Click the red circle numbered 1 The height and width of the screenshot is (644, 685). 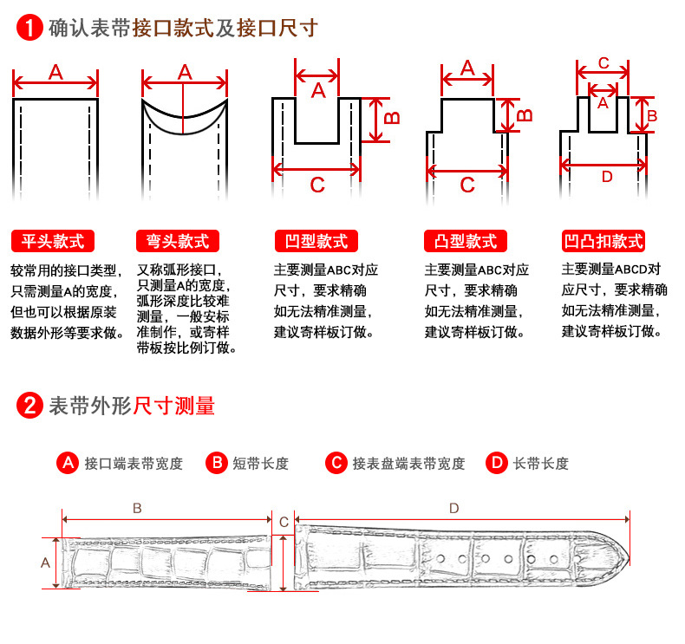[29, 28]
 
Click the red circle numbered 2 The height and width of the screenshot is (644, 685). [29, 405]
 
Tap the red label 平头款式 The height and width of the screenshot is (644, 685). [53, 241]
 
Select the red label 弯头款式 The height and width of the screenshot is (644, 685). [178, 241]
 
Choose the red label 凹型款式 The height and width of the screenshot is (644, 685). [316, 241]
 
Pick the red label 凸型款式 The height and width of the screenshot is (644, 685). [466, 241]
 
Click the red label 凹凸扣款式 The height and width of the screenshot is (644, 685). [603, 241]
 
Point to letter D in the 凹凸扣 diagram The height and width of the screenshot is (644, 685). [607, 177]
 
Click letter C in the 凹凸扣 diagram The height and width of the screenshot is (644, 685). [603, 63]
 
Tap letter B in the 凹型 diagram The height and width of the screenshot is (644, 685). [392, 118]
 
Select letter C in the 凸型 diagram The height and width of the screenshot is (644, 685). [467, 185]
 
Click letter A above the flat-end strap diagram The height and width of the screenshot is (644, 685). [55, 72]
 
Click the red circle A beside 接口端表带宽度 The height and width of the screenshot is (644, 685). [68, 462]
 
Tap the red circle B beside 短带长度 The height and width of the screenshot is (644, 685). [217, 462]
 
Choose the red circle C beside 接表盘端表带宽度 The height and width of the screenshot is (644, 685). [336, 462]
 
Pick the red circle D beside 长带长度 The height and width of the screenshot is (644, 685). [497, 462]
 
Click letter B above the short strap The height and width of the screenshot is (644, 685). [137, 508]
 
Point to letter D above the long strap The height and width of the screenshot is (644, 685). [454, 508]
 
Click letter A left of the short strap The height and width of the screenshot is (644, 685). [45, 563]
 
